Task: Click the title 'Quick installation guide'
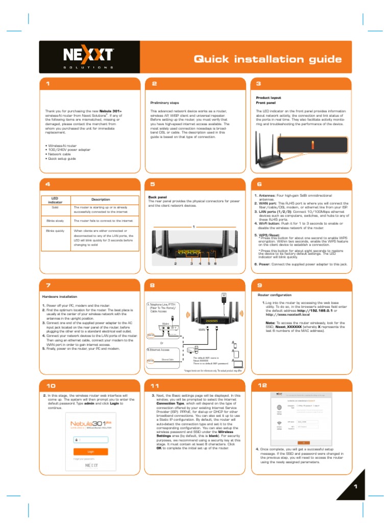267,59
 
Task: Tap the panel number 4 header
47,184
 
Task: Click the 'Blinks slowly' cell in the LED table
55,221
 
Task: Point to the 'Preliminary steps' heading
164,102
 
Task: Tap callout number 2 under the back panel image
176,264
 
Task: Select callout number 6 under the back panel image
216,264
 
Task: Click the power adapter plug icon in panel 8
223,297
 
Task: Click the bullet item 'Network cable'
62,154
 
